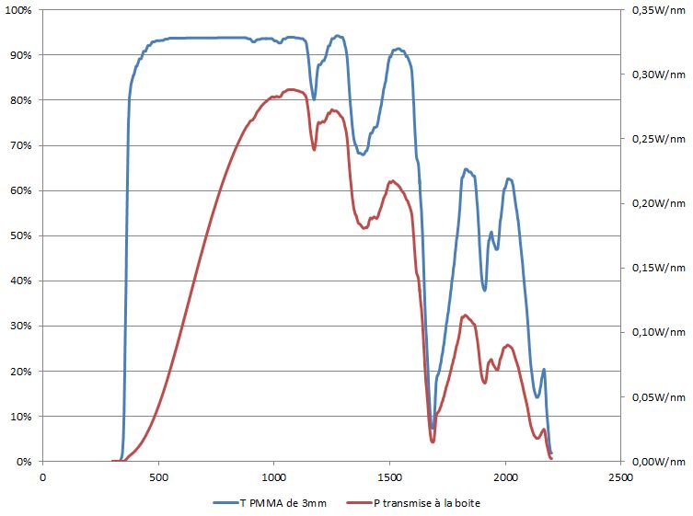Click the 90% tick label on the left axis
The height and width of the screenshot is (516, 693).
20,55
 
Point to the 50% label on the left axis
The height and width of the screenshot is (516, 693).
20,236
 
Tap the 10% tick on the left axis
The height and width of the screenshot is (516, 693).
20,417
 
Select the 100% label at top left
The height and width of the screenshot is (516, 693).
18,10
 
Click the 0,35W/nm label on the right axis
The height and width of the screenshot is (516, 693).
658,10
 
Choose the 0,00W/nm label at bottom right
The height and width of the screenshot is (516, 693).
658,462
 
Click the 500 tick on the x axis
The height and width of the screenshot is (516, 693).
158,477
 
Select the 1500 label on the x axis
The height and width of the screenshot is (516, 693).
389,477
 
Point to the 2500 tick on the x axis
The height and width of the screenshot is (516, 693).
620,477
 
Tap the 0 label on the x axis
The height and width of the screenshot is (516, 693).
42,477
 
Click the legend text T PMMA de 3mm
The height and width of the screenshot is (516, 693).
283,502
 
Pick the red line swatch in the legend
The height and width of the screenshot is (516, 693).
355,502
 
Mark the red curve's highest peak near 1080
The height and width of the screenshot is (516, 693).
291,89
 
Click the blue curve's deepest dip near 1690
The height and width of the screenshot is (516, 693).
433,428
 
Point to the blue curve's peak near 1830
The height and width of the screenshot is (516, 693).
466,169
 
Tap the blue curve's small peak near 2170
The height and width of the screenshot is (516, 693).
544,370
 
